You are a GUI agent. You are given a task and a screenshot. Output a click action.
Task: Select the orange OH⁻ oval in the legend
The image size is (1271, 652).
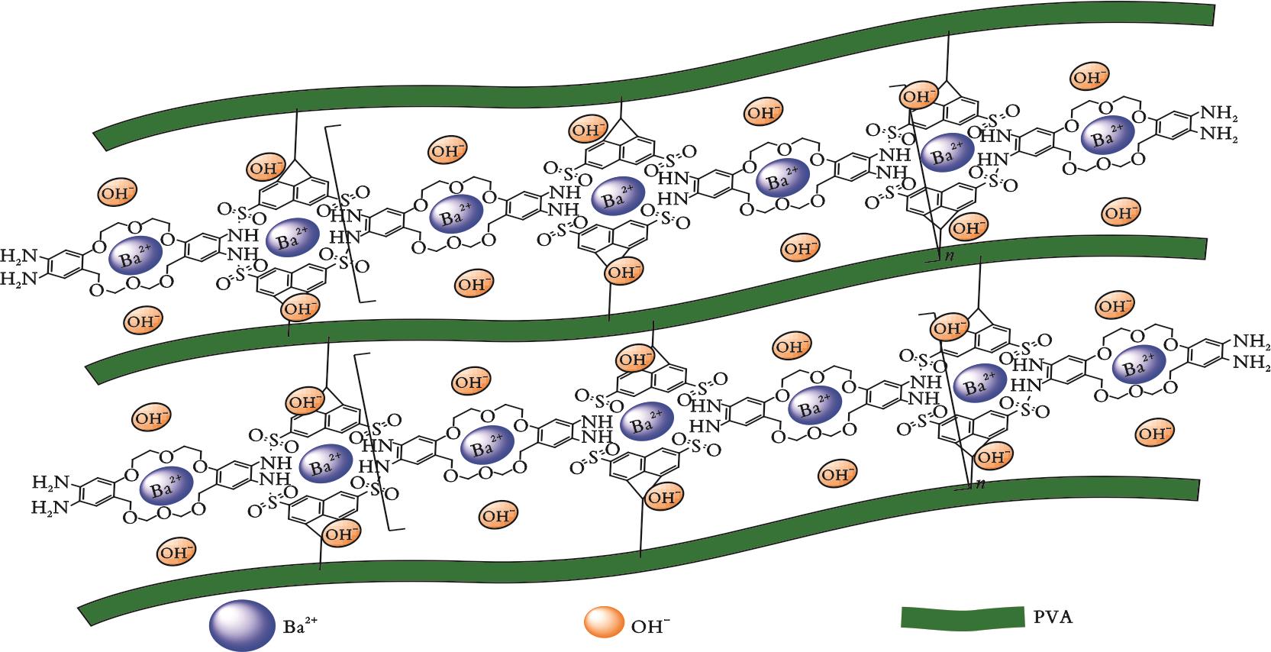tap(605, 623)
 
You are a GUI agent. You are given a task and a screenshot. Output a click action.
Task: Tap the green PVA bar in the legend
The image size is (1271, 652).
tap(962, 618)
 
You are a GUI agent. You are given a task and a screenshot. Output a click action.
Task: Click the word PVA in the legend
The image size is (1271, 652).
tap(1053, 617)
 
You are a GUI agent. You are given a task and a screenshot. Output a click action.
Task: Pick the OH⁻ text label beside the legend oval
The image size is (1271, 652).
tap(650, 626)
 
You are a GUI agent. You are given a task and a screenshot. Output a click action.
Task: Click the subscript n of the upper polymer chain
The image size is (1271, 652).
tap(949, 256)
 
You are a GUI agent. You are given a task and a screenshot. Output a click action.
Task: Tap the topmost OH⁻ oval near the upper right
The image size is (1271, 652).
tap(1089, 77)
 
